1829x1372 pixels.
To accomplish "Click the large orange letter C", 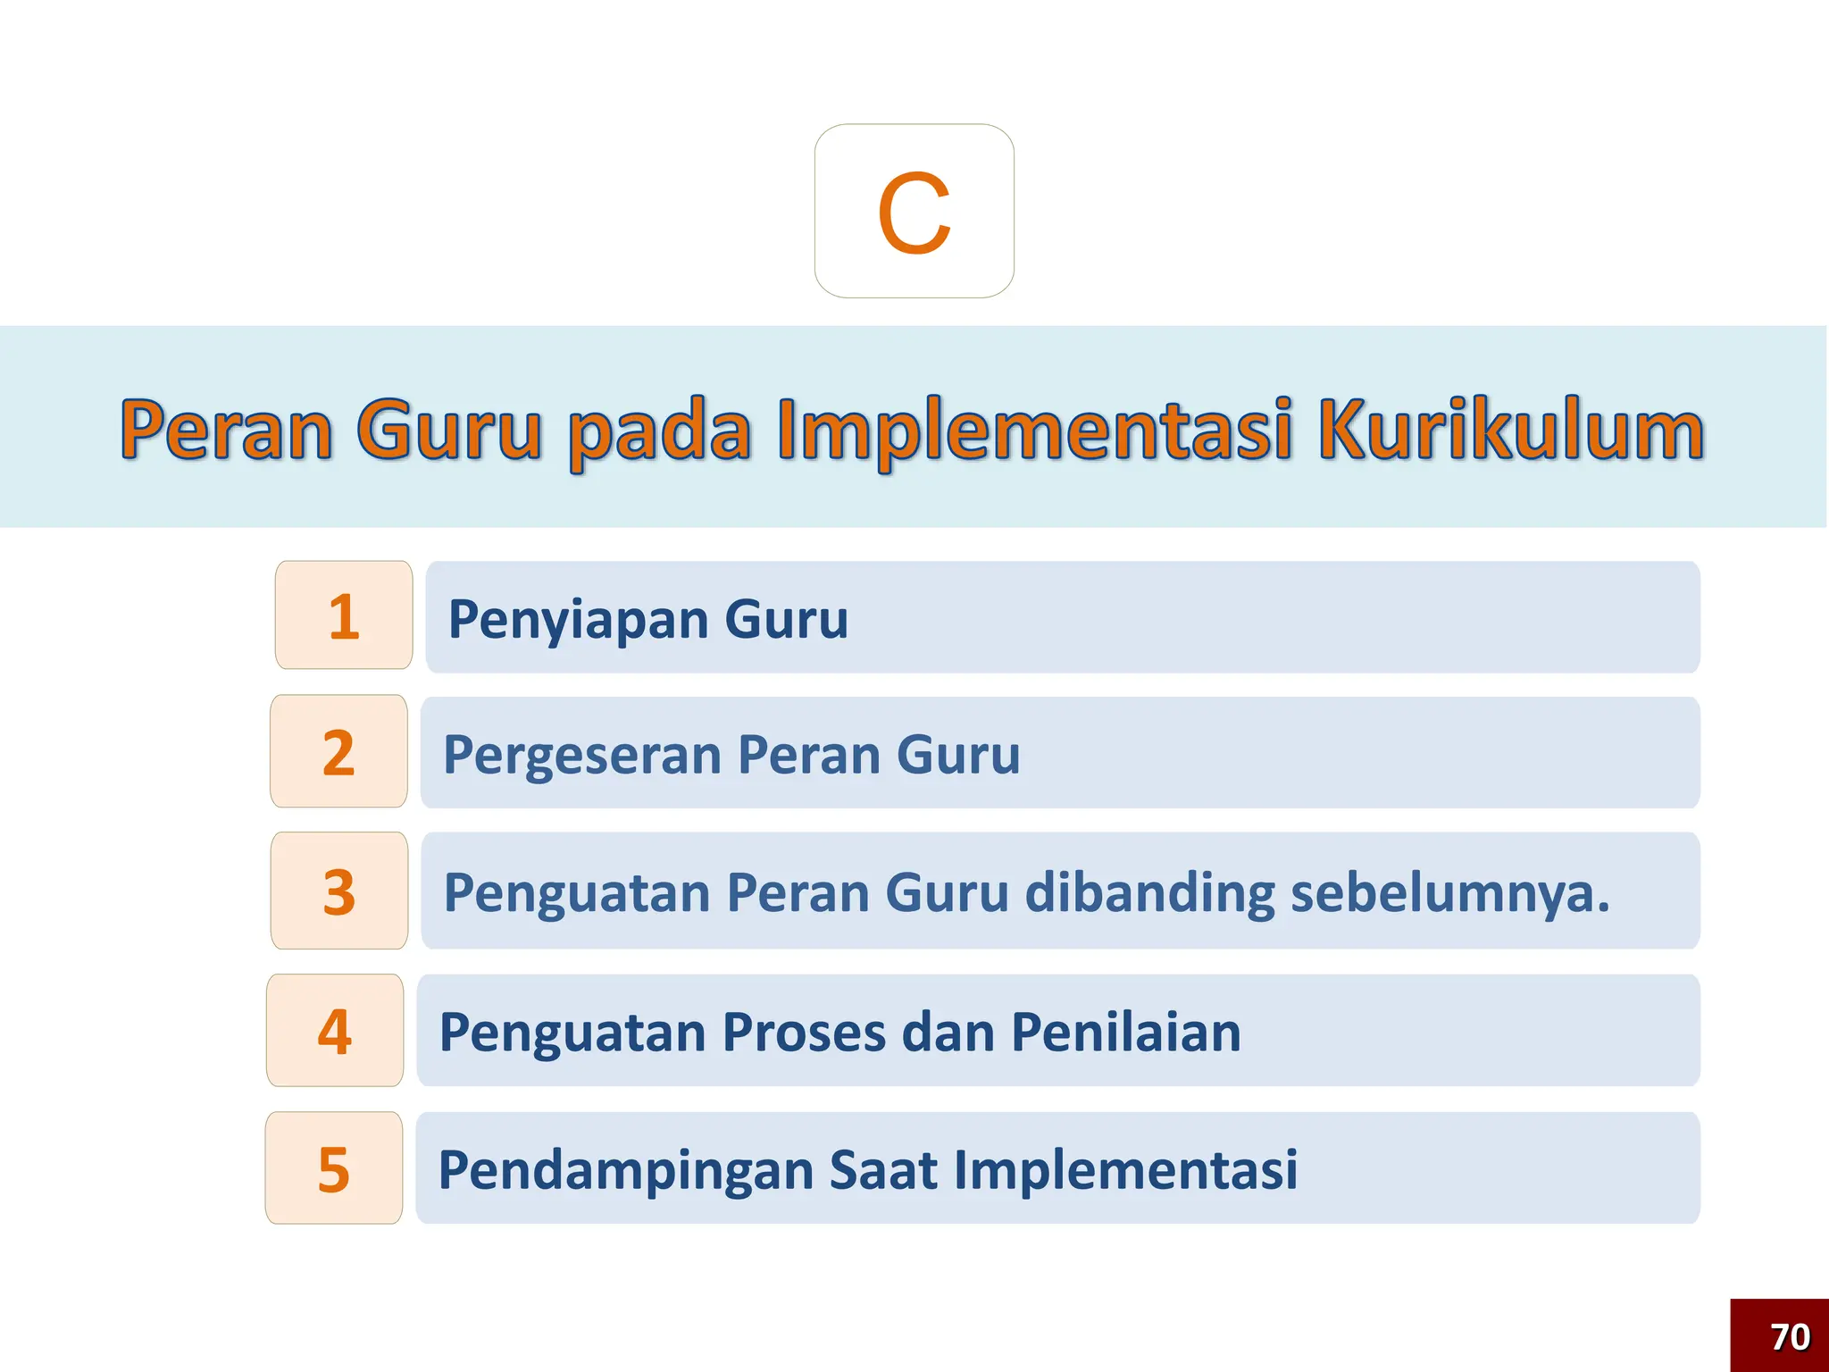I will pyautogui.click(x=914, y=213).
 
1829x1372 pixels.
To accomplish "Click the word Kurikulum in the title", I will pyautogui.click(x=1511, y=431).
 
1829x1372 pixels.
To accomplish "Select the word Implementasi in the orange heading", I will pyautogui.click(x=1035, y=431).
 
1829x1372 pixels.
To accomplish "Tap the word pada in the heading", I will pyautogui.click(x=659, y=431).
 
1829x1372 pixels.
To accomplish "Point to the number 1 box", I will pyautogui.click(x=344, y=615).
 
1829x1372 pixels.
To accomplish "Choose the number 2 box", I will pyautogui.click(x=338, y=752).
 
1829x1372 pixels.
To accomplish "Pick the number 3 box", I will pyautogui.click(x=339, y=891).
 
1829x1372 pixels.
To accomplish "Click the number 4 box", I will pyautogui.click(x=335, y=1031).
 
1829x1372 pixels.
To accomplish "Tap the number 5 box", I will pyautogui.click(x=334, y=1168).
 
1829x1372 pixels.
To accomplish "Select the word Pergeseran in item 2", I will pyautogui.click(x=582, y=756).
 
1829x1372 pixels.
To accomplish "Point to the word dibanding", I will pyautogui.click(x=1151, y=892).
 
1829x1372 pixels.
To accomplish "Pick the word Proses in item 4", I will pyautogui.click(x=804, y=1033).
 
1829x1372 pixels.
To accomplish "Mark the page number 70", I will pyautogui.click(x=1790, y=1337).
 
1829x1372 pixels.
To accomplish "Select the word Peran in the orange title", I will pyautogui.click(x=226, y=431).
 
